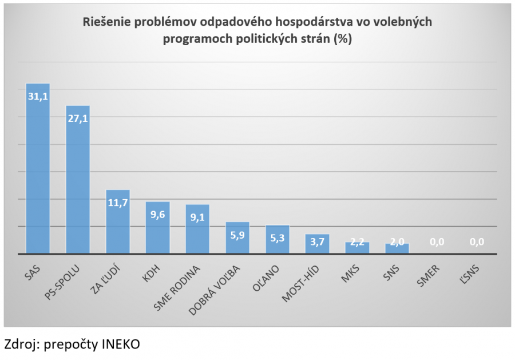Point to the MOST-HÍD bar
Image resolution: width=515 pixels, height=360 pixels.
[x=317, y=245]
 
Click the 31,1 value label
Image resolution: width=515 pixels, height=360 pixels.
[x=38, y=96]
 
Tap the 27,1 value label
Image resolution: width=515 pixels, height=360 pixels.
[x=78, y=118]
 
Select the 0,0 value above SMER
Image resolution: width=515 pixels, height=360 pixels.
[x=437, y=242]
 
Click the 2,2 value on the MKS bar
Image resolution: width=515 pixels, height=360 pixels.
[x=357, y=242]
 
